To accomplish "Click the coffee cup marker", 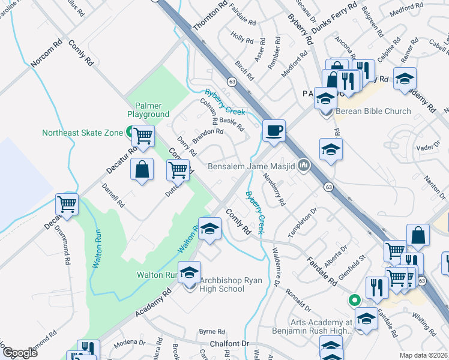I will click(x=274, y=131).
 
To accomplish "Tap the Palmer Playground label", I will click(x=148, y=110).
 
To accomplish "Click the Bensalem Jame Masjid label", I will click(x=252, y=166).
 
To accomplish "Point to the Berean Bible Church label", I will click(x=373, y=111).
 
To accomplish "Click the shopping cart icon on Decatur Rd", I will click(x=67, y=204).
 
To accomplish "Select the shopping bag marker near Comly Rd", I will click(x=142, y=169).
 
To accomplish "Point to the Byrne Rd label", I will click(x=212, y=331).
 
